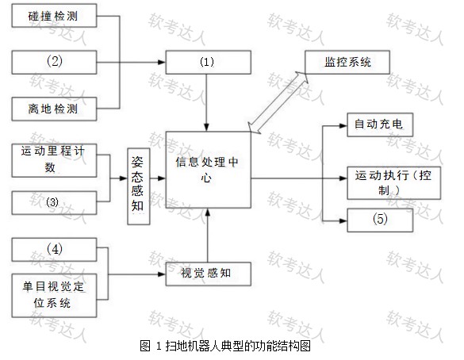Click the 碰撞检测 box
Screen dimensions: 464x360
pos(54,16)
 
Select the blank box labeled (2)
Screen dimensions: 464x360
pos(54,62)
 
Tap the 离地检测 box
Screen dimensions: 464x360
pos(54,109)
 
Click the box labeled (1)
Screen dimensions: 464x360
pos(209,62)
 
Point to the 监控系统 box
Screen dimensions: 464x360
pos(347,62)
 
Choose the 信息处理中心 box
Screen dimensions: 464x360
pos(209,170)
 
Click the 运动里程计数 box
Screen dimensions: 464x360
pos(54,160)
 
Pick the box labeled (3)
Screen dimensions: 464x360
pos(54,203)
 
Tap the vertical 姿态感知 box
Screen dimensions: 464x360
pos(139,186)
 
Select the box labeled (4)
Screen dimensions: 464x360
pos(54,250)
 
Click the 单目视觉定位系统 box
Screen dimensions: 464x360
pos(54,296)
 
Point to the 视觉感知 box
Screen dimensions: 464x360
pos(209,274)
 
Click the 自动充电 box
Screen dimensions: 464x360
pos(380,124)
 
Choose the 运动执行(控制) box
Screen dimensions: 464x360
pos(394,183)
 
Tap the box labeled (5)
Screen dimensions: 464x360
pos(380,220)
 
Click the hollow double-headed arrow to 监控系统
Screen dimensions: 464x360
pos(278,102)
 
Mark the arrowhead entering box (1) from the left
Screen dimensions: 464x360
pos(162,62)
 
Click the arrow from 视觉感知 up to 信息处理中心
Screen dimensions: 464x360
pos(208,236)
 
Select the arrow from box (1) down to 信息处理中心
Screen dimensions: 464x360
pos(206,102)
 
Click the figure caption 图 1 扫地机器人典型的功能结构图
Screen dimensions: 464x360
pos(225,346)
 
